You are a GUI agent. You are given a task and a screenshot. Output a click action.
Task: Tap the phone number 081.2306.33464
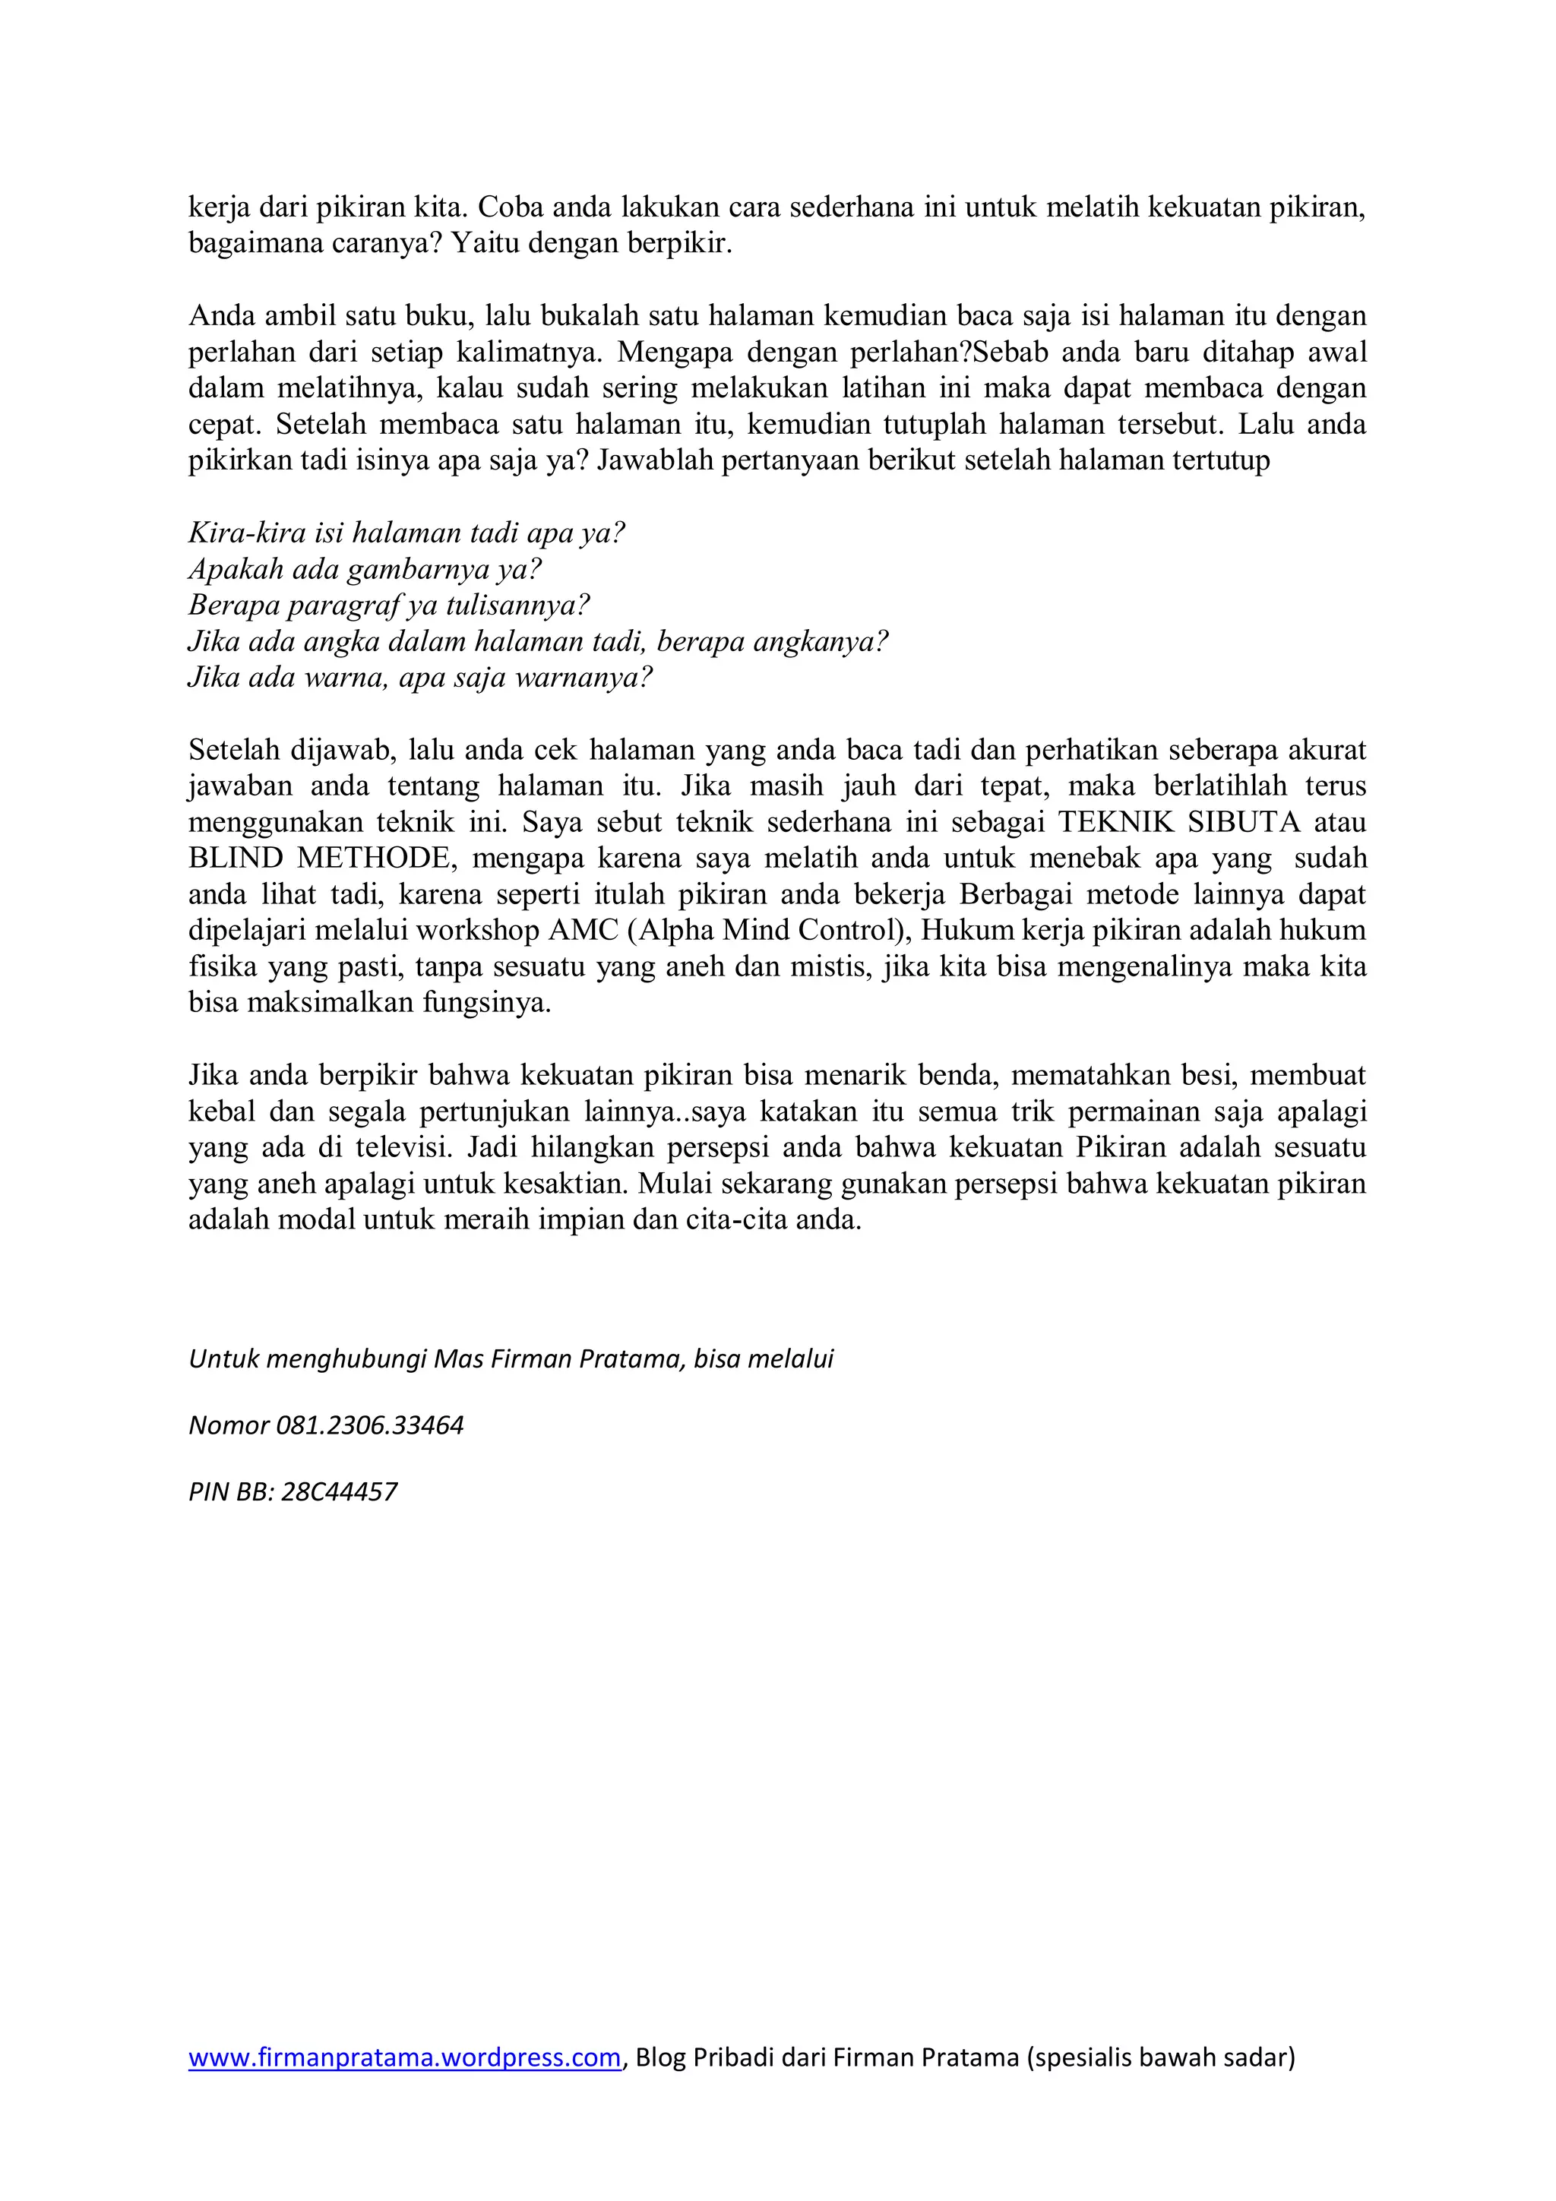[x=369, y=1425]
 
